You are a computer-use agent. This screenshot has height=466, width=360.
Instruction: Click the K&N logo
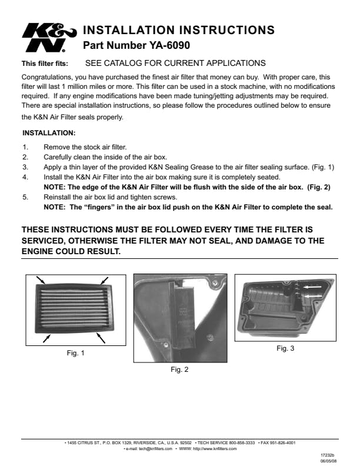click(49, 38)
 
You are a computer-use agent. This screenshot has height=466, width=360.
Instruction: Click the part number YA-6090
click(169, 45)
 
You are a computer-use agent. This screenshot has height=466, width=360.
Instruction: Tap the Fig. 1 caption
click(75, 353)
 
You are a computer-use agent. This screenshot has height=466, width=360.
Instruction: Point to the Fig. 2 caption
click(179, 370)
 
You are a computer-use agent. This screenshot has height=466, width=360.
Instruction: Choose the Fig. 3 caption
click(285, 348)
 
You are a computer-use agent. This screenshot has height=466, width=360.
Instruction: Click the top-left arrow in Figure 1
click(41, 280)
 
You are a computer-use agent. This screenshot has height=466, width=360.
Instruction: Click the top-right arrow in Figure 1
click(104, 281)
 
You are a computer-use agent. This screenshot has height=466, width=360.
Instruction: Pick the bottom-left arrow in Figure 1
click(46, 338)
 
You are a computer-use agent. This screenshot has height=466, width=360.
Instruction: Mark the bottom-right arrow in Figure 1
click(101, 338)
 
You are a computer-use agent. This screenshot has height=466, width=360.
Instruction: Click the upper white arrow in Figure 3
click(312, 287)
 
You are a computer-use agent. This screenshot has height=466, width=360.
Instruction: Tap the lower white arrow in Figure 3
click(314, 297)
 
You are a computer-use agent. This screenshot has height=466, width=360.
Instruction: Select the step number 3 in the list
click(25, 167)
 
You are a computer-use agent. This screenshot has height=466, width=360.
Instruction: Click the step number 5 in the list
click(25, 197)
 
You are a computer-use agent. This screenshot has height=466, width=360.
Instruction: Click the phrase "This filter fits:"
click(45, 64)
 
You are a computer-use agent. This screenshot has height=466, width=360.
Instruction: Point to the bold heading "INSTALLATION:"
click(49, 133)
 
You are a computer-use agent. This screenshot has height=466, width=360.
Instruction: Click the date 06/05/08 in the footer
click(328, 461)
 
